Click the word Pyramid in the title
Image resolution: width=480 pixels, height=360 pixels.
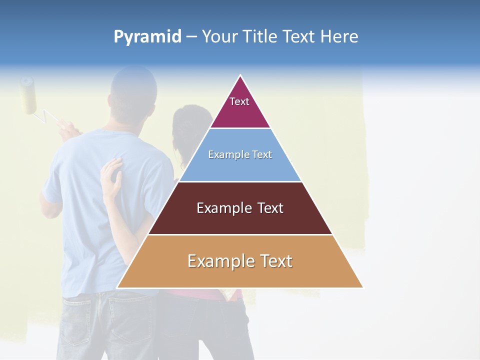[147, 37]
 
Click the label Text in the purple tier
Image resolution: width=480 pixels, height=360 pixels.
[239, 101]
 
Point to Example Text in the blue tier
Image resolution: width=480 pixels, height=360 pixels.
[240, 154]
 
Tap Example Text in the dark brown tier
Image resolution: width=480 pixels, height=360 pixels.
[240, 208]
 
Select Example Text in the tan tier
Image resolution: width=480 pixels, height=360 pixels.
[240, 261]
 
